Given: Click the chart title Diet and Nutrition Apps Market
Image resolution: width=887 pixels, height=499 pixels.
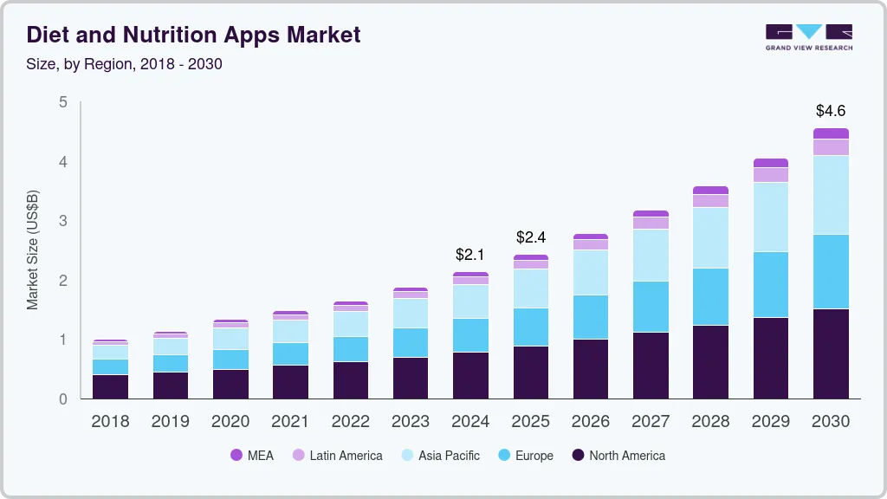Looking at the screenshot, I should click(194, 35).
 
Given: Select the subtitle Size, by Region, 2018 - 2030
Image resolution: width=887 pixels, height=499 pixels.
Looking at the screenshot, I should click(125, 64).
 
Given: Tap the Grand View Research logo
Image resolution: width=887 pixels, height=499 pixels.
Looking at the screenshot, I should click(808, 36).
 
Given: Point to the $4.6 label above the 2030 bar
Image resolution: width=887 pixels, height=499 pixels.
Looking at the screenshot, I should click(830, 111).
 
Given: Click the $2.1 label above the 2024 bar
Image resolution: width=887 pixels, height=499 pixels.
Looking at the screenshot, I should click(471, 255).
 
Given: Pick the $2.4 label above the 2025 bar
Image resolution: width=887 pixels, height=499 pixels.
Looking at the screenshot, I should click(531, 237).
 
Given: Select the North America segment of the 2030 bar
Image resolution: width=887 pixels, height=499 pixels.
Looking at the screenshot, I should click(831, 353).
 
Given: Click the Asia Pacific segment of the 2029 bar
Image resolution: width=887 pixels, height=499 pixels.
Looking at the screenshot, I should click(771, 217).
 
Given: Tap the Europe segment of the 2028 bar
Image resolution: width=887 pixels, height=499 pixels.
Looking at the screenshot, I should click(711, 296).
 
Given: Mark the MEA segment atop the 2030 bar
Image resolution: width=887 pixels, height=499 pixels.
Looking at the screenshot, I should click(831, 133).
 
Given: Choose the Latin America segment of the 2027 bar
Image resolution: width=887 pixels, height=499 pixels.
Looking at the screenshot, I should click(651, 223).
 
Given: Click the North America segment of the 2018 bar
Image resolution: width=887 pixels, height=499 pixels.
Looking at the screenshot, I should click(111, 386).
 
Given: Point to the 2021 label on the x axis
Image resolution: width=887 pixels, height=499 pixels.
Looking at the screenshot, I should click(290, 422).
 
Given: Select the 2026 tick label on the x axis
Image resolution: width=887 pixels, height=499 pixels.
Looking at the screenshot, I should click(591, 422).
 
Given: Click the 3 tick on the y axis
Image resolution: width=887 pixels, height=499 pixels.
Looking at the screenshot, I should click(62, 221).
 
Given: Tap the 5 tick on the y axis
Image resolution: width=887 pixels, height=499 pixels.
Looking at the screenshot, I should click(62, 102).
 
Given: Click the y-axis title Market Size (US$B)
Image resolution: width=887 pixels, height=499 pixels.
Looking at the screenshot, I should click(33, 250).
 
